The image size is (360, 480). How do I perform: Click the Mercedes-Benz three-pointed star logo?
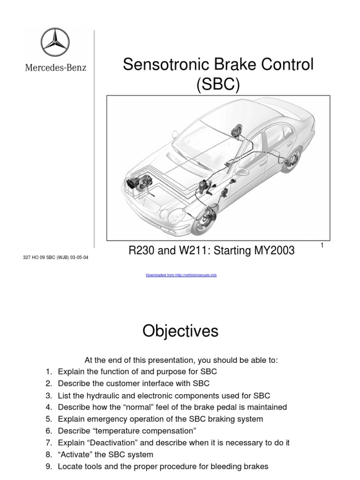[55, 43]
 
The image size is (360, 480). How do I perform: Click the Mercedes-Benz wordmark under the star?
[55, 67]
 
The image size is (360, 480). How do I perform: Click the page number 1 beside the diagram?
[322, 246]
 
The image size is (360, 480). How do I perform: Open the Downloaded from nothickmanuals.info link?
[181, 275]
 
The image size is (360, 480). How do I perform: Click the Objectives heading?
[180, 331]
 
